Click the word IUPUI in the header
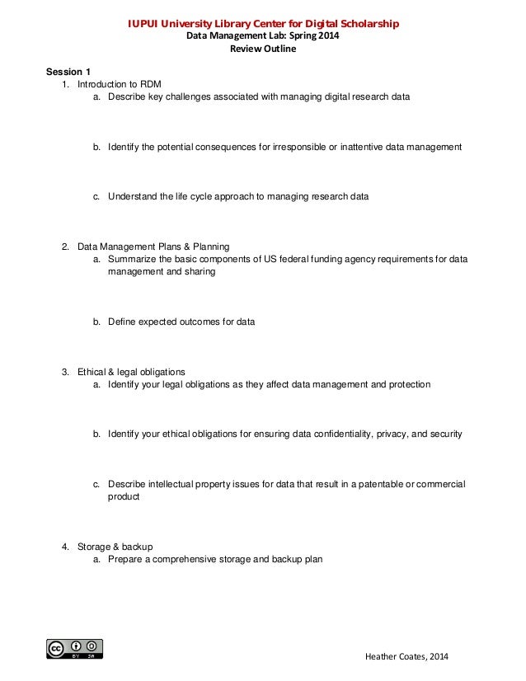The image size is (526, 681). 145,24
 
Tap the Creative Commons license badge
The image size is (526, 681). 75,649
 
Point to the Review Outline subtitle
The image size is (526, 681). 262,49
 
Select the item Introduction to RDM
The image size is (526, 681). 125,84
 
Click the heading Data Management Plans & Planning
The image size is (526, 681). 153,247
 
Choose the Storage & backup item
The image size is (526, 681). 115,547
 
